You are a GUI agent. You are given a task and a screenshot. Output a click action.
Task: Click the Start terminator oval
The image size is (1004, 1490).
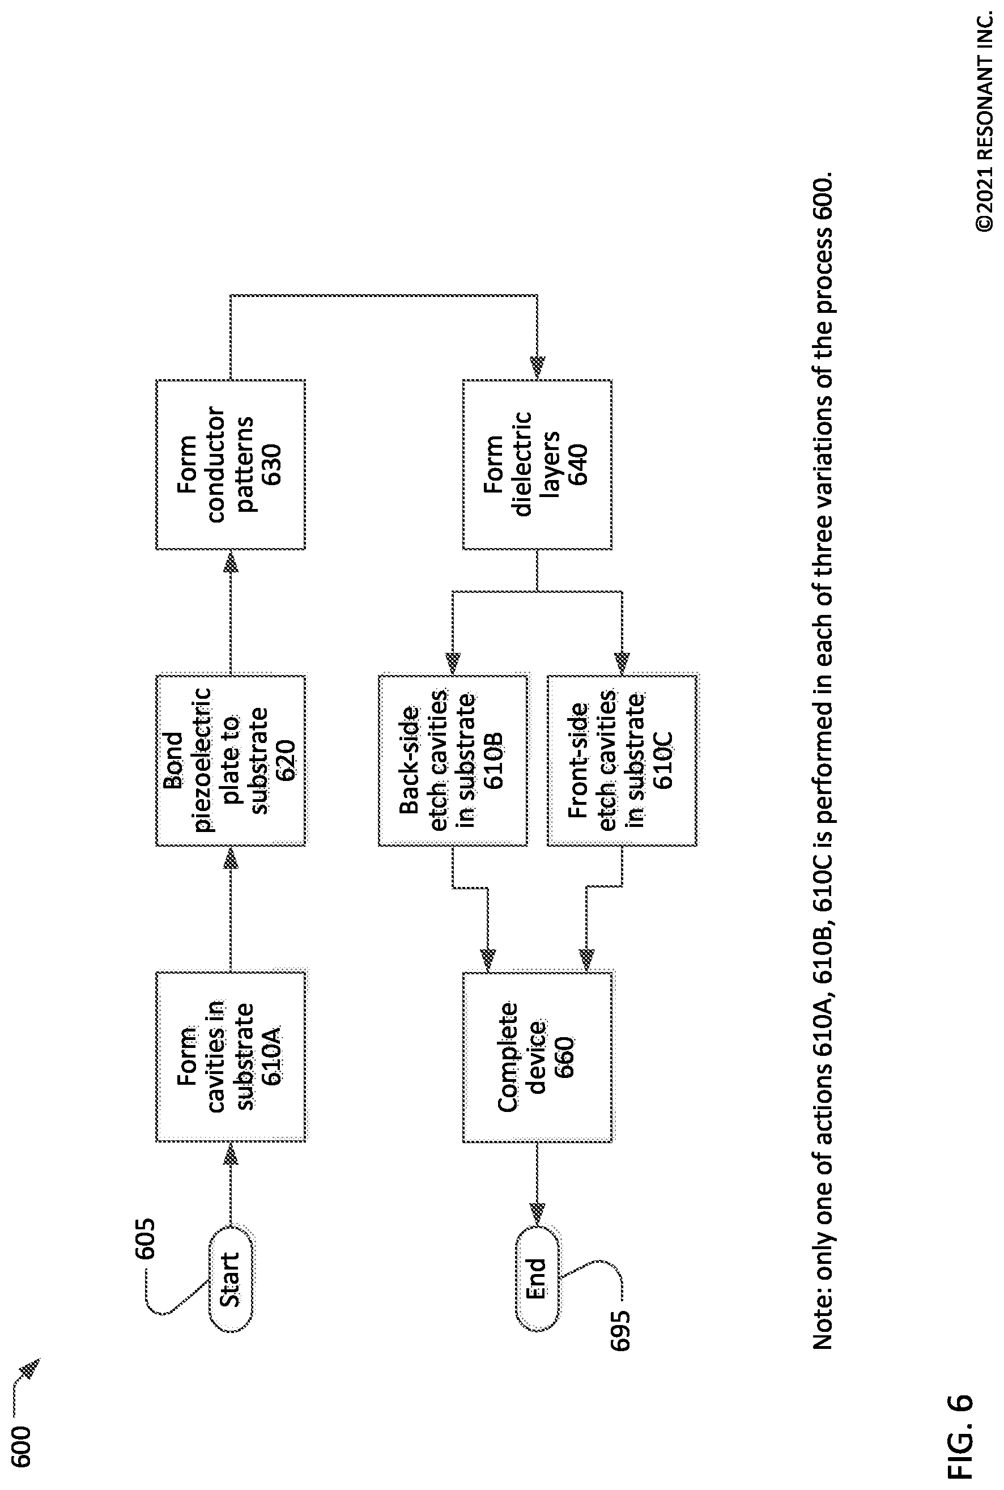(231, 1280)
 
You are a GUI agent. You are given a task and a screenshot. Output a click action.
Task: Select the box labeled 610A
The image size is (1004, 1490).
(231, 1056)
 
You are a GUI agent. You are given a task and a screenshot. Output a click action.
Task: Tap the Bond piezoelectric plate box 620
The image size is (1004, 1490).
(231, 760)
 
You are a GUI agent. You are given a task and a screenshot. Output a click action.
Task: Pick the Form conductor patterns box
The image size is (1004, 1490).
(231, 464)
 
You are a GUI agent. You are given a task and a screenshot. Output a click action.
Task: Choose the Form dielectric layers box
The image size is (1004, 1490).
(537, 464)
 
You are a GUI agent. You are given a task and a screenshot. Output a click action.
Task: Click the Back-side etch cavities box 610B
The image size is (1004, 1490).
(453, 760)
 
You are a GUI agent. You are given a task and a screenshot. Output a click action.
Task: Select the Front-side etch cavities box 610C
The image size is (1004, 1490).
(622, 760)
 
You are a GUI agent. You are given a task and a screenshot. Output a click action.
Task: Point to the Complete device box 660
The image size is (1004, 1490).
(537, 1056)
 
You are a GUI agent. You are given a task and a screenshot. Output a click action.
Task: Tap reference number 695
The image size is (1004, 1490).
(620, 1331)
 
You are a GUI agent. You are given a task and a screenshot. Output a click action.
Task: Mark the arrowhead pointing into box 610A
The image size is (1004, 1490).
(231, 1153)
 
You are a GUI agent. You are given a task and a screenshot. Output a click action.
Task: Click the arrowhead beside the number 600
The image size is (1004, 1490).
(30, 1368)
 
